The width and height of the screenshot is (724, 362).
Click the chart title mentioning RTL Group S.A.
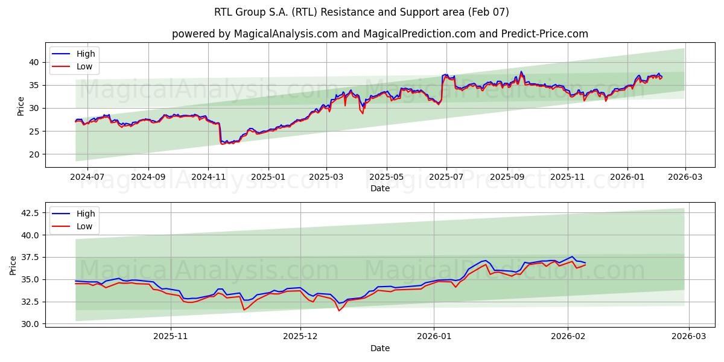pos(361,12)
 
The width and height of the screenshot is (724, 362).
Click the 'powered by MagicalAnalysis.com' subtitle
pos(379,34)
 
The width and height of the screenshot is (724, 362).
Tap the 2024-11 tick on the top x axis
pos(208,177)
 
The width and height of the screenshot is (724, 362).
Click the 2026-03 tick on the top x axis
pos(685,177)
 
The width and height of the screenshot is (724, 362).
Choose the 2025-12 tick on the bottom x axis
pos(300,337)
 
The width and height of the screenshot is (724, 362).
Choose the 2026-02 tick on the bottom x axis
pos(568,337)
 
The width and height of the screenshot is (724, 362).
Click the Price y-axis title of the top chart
pos(21,106)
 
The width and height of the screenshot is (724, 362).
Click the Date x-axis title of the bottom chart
pos(379,348)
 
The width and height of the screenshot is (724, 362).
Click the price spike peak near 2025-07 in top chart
pos(445,75)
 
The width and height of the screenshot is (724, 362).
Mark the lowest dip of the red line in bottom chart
pos(339,310)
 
